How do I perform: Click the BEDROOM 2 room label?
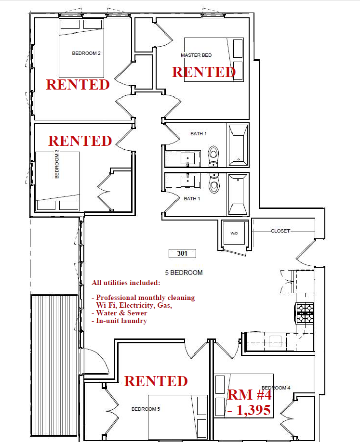[86, 53]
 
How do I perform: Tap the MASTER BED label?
[196, 55]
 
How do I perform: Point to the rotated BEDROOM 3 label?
[57, 164]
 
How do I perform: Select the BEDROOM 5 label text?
[146, 409]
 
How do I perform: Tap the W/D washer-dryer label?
[234, 234]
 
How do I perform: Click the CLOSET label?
[280, 231]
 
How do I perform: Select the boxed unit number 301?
[182, 253]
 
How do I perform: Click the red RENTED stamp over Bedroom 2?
[78, 85]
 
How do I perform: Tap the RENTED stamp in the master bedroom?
[204, 72]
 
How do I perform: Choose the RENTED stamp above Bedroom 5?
[156, 381]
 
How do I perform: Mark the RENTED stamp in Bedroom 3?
[80, 141]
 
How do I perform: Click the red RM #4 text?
[250, 395]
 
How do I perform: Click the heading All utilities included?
[125, 283]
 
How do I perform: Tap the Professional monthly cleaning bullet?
[143, 298]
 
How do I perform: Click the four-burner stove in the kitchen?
[305, 313]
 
